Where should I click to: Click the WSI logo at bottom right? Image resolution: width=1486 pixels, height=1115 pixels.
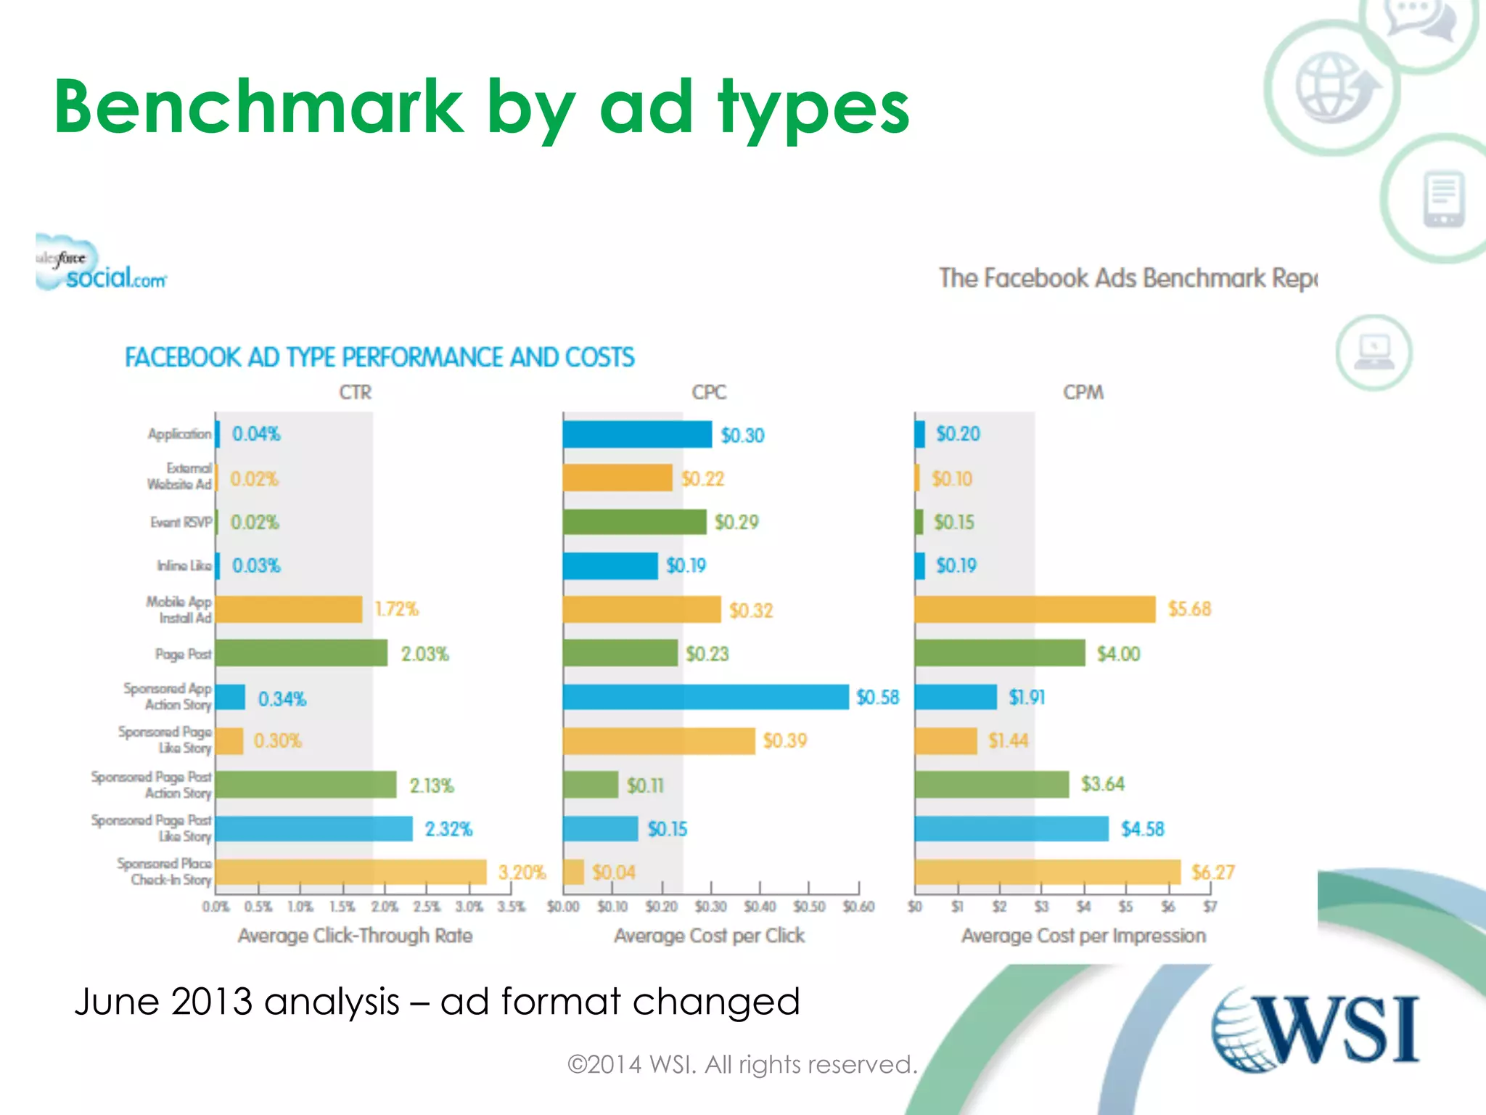click(1315, 1029)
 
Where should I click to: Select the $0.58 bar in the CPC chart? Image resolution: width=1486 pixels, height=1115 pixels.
click(705, 697)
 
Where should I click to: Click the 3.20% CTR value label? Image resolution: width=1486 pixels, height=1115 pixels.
click(522, 872)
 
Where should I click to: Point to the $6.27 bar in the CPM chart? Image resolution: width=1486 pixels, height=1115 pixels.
click(1047, 872)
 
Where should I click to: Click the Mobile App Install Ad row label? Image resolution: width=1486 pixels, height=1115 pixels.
click(179, 610)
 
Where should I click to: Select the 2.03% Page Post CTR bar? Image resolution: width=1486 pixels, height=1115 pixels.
click(301, 653)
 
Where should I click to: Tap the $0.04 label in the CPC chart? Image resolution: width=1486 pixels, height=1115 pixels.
click(613, 872)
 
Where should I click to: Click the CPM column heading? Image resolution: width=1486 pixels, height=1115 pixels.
click(1083, 393)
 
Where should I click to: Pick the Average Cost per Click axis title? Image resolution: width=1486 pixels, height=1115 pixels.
click(709, 936)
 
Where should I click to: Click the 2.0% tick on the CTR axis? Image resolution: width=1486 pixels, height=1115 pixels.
click(385, 907)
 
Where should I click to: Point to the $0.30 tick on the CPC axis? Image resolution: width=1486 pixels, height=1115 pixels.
click(710, 907)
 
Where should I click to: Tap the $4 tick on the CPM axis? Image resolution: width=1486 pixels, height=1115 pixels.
click(1083, 907)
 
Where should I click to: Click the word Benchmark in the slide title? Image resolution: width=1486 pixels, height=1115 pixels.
click(258, 107)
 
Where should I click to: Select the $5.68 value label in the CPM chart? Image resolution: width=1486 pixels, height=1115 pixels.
click(1189, 609)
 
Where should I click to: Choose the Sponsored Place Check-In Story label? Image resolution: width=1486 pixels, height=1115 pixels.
click(165, 872)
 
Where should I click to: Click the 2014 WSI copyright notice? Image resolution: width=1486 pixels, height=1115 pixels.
click(742, 1064)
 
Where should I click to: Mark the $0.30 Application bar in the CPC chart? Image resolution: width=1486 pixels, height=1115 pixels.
click(637, 435)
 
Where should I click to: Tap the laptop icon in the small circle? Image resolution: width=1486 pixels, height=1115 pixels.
click(1374, 353)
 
